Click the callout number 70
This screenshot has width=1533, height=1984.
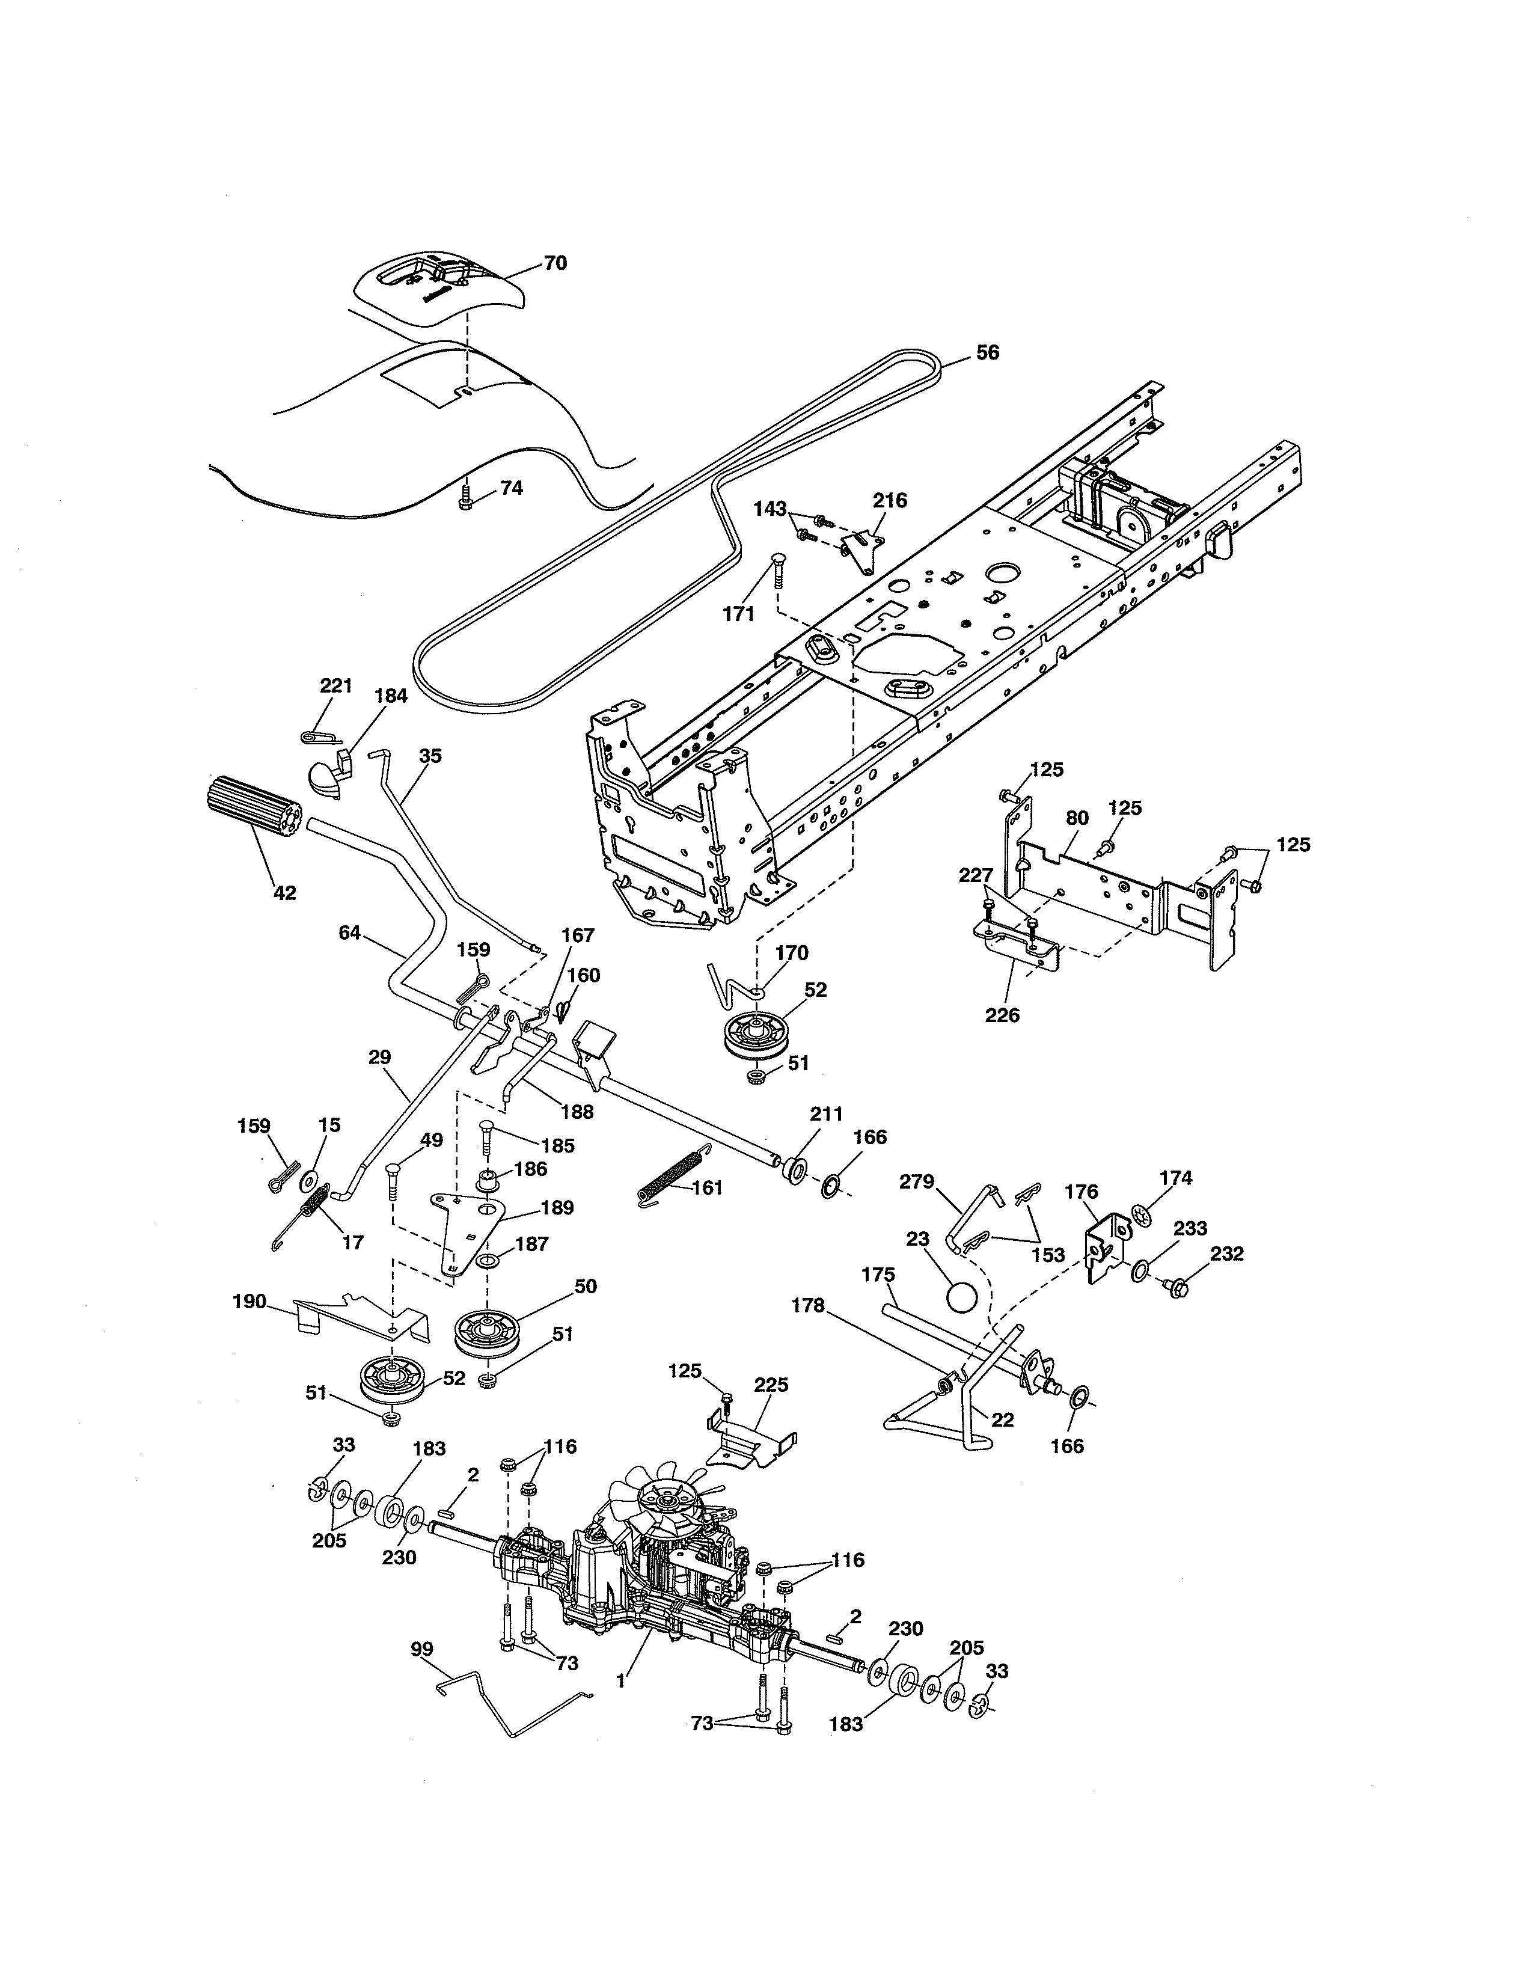[555, 263]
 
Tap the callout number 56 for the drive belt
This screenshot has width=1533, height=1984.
[987, 352]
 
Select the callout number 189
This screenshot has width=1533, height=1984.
[557, 1208]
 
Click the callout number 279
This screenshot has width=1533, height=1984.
[916, 1182]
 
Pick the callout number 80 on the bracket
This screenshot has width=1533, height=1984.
[1076, 818]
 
